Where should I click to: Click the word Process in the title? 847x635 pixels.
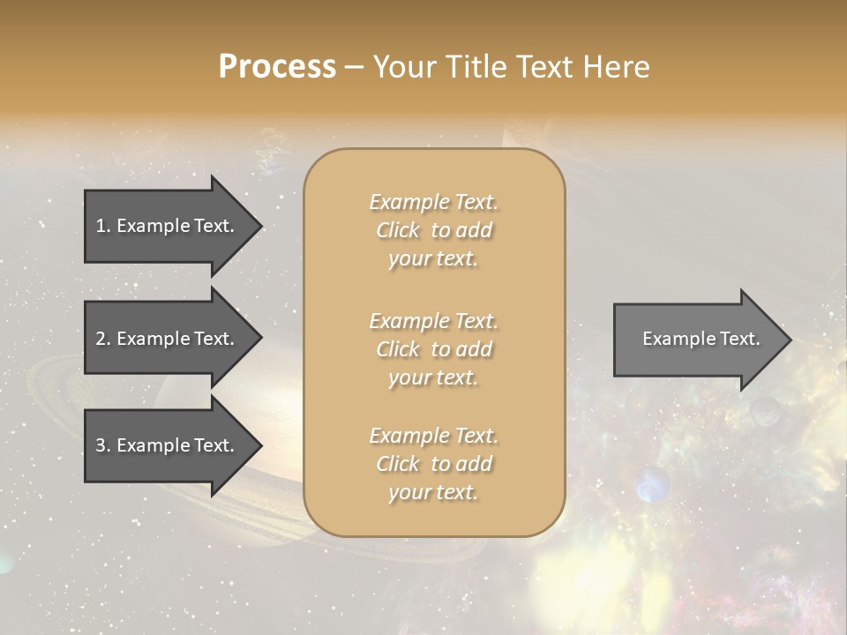(x=277, y=66)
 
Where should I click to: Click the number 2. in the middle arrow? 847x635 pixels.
(x=103, y=339)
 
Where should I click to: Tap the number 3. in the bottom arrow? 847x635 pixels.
(x=103, y=445)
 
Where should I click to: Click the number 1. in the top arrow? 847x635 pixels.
(x=103, y=226)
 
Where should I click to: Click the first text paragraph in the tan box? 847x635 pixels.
(x=433, y=230)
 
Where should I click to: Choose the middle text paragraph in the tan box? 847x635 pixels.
(x=433, y=349)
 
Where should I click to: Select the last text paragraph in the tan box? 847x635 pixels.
(x=433, y=464)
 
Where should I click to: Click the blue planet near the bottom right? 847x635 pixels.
(x=652, y=484)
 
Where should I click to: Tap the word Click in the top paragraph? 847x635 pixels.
(x=398, y=230)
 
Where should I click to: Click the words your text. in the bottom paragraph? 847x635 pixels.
(x=433, y=492)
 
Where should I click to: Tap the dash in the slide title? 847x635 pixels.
(x=354, y=68)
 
